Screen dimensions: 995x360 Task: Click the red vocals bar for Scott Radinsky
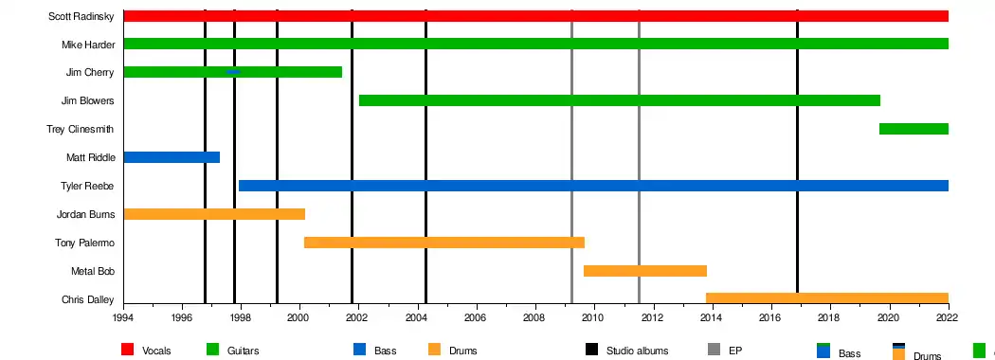click(535, 16)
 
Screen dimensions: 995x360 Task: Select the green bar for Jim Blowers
click(620, 100)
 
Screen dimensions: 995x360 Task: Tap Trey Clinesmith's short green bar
click(914, 129)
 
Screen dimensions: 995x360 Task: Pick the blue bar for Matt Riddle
click(172, 157)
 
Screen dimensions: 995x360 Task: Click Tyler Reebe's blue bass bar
click(593, 186)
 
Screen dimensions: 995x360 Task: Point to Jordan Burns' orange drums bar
click(214, 214)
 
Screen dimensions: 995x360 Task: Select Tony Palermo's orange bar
click(444, 243)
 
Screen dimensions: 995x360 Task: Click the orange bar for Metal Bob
click(644, 271)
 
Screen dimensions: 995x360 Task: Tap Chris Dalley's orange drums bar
click(827, 298)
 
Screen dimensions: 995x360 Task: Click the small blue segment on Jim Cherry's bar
click(233, 72)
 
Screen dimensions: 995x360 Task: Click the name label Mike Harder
click(88, 45)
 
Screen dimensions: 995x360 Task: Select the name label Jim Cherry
click(90, 72)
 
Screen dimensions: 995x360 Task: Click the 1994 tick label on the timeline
click(124, 316)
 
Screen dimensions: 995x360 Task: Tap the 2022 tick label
click(948, 316)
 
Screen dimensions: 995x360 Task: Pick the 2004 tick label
click(417, 316)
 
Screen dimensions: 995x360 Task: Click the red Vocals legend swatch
click(128, 350)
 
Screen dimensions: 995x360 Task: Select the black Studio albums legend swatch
click(591, 350)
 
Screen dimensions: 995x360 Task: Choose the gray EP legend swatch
click(714, 350)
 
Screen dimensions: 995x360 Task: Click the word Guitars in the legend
click(243, 351)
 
